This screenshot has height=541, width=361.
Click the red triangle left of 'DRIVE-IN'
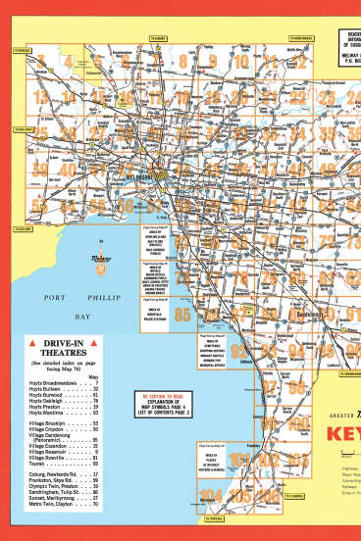[x=32, y=343]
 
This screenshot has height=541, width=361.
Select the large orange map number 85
[x=182, y=314]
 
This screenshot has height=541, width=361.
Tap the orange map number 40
[x=68, y=170]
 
